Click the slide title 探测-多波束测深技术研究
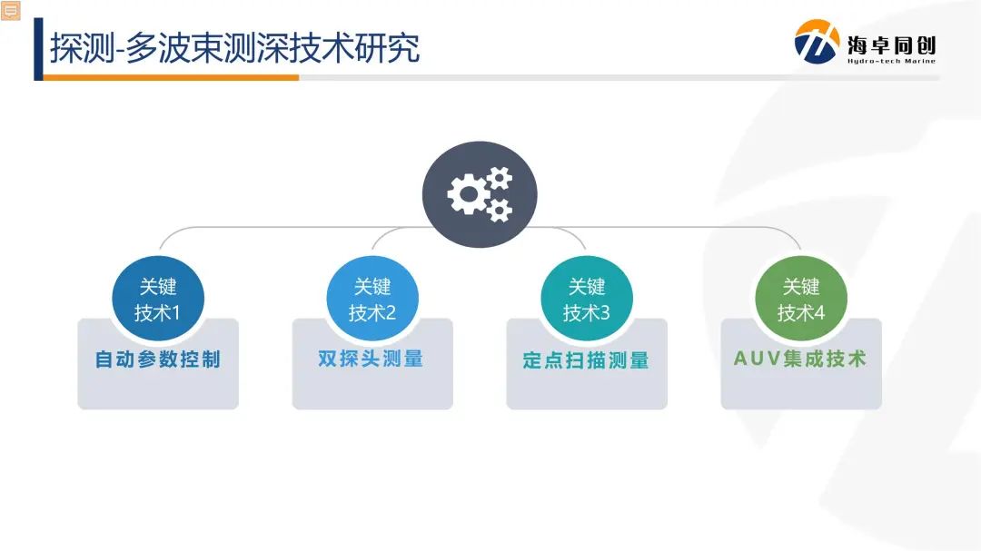[234, 47]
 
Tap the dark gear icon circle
[480, 193]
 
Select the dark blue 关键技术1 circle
[158, 300]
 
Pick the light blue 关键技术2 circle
[372, 300]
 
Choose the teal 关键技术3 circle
[587, 300]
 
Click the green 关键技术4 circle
[801, 300]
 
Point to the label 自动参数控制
[158, 359]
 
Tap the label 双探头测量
[372, 359]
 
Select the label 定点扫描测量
[586, 360]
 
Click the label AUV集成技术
[800, 359]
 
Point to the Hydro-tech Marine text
[891, 62]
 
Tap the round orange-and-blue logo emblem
[817, 43]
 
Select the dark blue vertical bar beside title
[38, 49]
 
